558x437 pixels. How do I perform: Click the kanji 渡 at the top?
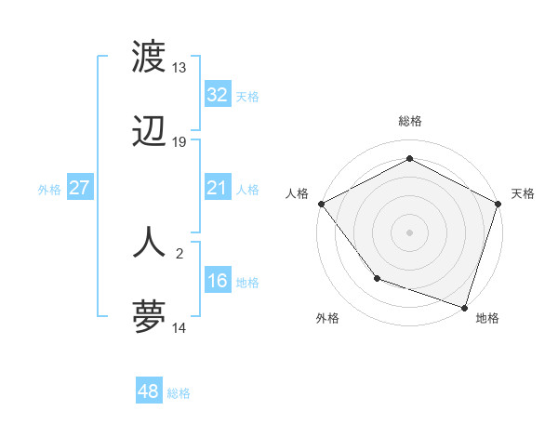[x=150, y=57]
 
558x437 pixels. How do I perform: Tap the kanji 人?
[x=150, y=242]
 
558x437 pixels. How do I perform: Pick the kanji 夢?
[x=150, y=316]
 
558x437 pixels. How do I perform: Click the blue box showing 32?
[x=217, y=95]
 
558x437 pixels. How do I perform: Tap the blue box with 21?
[x=217, y=188]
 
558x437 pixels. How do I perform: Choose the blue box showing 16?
[x=217, y=281]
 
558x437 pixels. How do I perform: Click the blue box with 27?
[x=79, y=188]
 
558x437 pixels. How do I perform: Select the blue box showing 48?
[x=148, y=391]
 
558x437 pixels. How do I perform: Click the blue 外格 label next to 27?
[x=49, y=189]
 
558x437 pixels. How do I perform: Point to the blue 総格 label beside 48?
[x=179, y=393]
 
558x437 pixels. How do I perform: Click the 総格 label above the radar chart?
[x=409, y=121]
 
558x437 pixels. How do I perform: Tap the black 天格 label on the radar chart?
[x=523, y=193]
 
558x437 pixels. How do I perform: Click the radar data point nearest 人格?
[x=321, y=203]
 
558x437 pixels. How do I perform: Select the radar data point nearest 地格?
[x=464, y=306]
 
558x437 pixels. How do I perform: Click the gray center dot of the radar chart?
[x=409, y=232]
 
